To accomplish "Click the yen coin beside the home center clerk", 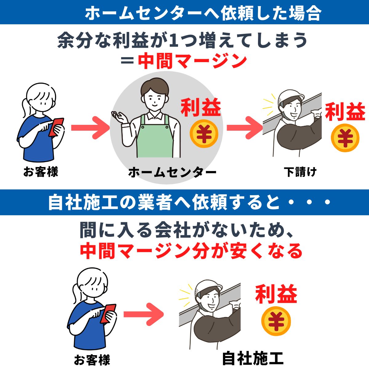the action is (204, 133).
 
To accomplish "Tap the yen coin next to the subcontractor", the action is (345, 138).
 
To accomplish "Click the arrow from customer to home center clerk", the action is (90, 128).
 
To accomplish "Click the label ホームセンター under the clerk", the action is (172, 172).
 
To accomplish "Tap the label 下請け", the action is (300, 172).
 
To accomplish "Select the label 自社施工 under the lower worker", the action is (253, 358).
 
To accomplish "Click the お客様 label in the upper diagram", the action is (41, 171).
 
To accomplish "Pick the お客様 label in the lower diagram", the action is (92, 360).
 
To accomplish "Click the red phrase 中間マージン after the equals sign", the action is (192, 61).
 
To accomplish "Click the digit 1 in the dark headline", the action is (174, 41).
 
